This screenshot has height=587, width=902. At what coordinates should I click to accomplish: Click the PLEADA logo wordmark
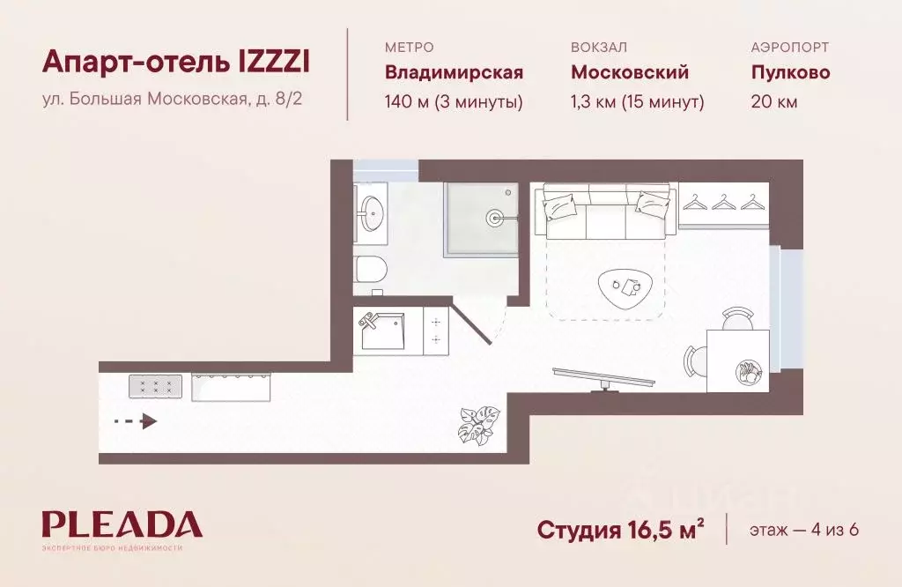(x=122, y=525)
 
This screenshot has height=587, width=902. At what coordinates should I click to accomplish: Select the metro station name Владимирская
(x=454, y=72)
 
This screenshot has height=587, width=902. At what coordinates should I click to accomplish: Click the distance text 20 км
(x=774, y=102)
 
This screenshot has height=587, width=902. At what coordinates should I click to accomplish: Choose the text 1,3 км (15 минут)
(x=637, y=102)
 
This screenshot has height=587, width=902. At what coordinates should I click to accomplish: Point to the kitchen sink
(x=381, y=331)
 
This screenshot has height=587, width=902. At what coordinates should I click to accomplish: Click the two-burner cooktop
(x=435, y=331)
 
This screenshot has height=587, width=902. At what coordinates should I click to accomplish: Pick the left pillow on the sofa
(x=561, y=207)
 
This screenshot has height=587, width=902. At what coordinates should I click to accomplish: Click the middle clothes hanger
(x=724, y=203)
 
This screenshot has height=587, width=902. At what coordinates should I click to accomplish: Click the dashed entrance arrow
(x=137, y=421)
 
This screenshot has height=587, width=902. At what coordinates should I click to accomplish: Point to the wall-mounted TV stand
(x=603, y=376)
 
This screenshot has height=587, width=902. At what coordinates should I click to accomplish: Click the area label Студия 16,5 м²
(x=620, y=530)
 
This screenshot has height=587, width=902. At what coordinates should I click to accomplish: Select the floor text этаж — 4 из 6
(x=803, y=530)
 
